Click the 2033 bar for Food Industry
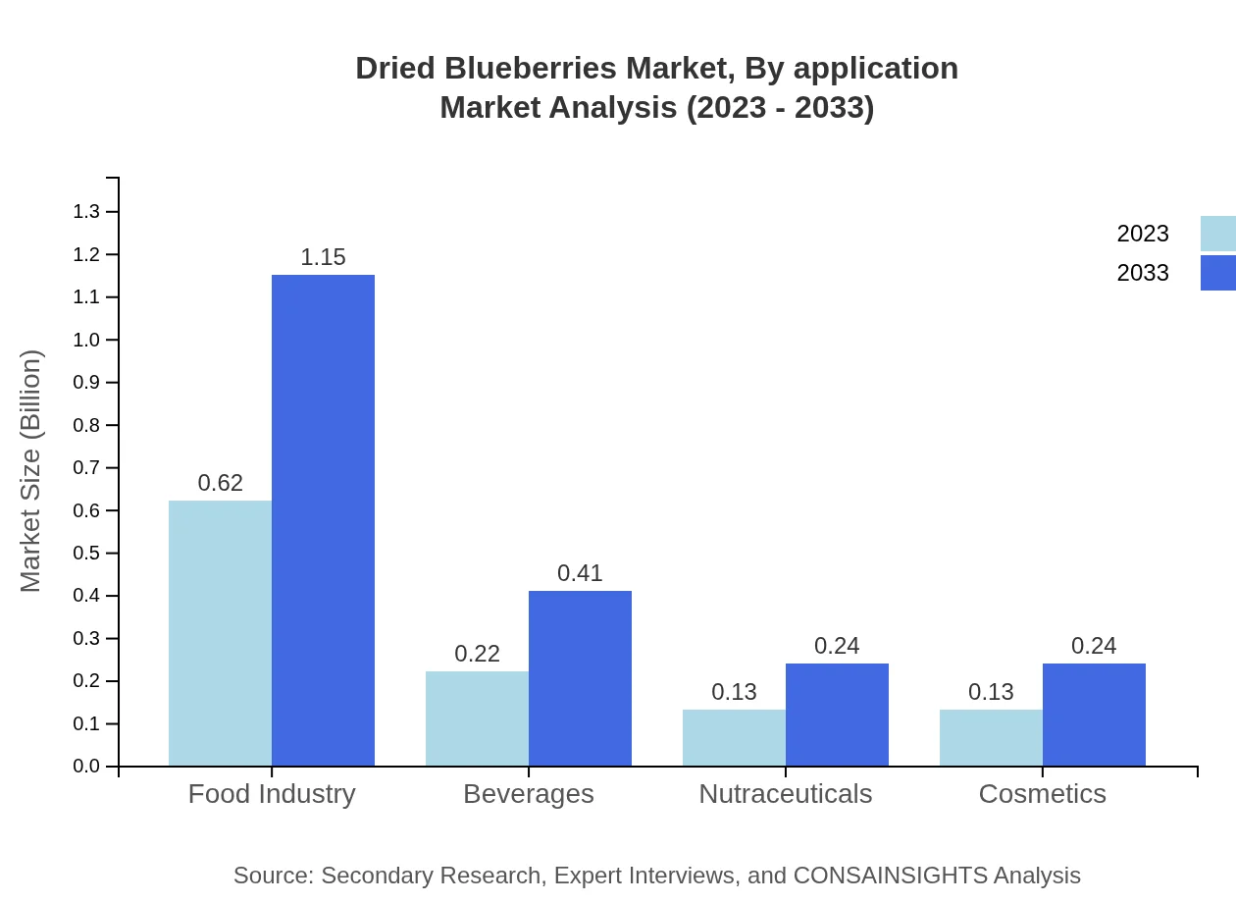click(323, 520)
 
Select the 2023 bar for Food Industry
click(220, 633)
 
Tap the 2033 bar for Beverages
click(580, 678)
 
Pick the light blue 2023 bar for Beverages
click(477, 718)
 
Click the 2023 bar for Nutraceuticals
click(734, 737)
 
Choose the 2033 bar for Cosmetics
click(1094, 715)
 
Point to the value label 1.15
click(323, 257)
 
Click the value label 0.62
click(220, 483)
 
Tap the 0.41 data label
click(580, 573)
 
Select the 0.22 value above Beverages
click(477, 654)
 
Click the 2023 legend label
click(1143, 234)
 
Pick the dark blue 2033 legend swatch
click(1217, 273)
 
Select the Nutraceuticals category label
click(785, 793)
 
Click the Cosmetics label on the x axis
click(1042, 793)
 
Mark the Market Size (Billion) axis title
click(31, 471)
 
